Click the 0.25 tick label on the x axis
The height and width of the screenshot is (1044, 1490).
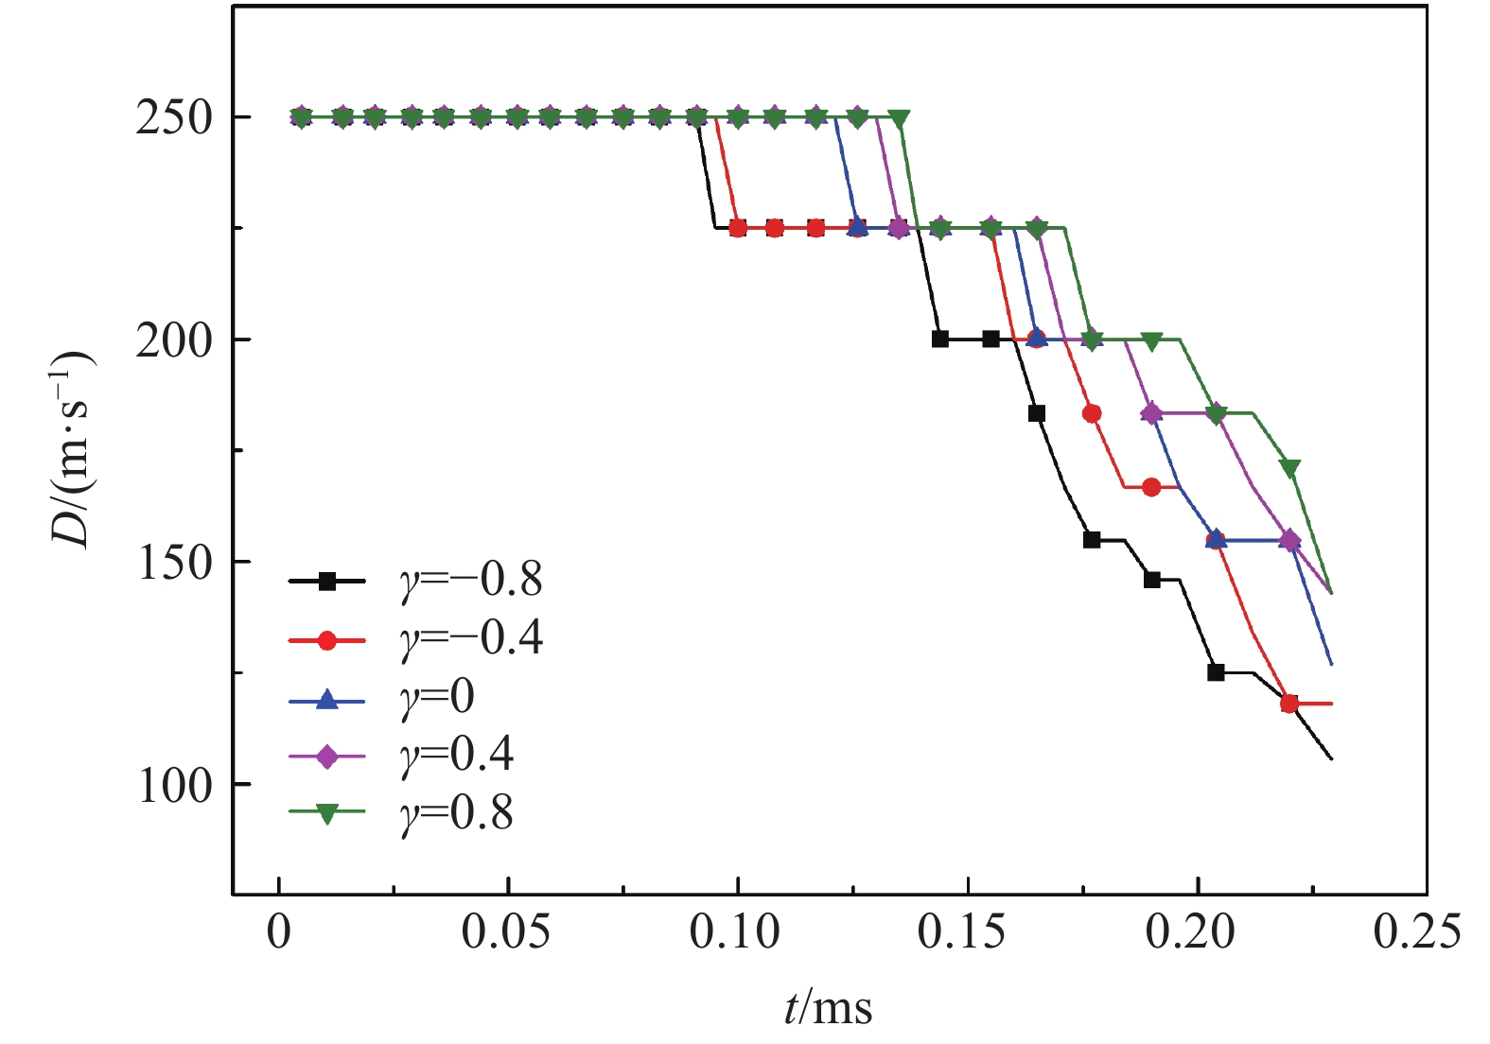tap(1417, 932)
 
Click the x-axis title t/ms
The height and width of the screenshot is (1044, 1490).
tap(828, 1008)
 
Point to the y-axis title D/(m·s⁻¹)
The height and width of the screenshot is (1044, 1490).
tap(74, 449)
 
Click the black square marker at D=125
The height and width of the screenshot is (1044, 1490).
tap(1216, 672)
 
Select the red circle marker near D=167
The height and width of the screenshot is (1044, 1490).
tap(1151, 487)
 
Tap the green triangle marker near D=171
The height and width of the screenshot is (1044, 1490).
tap(1289, 468)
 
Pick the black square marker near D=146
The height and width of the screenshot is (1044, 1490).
tap(1151, 580)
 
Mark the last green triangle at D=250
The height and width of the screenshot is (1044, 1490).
tap(899, 118)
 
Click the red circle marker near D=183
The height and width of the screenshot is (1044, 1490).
tap(1092, 413)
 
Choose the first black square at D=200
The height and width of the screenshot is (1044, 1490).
tap(939, 339)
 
